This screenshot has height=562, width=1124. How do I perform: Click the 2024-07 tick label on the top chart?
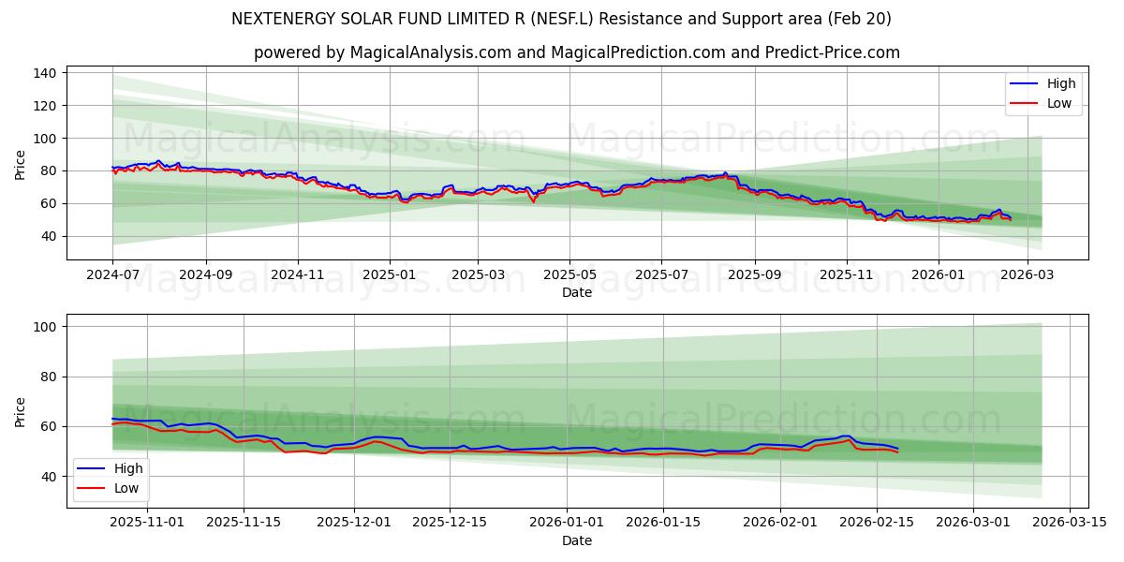[112, 276]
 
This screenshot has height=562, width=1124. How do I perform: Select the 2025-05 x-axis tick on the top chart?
[569, 276]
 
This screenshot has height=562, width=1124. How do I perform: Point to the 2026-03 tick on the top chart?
[1028, 276]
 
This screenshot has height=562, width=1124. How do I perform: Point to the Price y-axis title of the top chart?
[21, 165]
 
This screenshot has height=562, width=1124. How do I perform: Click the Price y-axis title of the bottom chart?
[21, 411]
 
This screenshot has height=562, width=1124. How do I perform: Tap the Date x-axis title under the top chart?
[577, 293]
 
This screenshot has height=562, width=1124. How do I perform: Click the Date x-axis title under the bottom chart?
[577, 540]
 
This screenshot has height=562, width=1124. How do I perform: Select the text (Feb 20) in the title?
[861, 19]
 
